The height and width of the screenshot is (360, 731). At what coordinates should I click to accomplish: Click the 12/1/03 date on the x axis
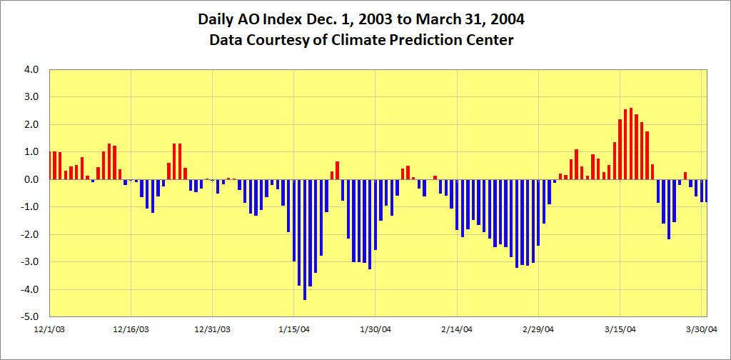pos(51,329)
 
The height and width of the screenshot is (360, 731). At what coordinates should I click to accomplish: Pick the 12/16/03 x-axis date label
pos(132,329)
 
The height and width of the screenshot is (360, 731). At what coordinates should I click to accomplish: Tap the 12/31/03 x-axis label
pos(213,329)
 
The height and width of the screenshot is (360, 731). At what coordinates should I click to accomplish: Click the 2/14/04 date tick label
pos(457,329)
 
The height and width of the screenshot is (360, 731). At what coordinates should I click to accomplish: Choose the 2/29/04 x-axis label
pos(538,329)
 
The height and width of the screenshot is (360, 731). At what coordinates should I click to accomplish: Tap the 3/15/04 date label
pos(620,329)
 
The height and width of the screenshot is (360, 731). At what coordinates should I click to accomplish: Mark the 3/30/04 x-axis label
pos(701,329)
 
